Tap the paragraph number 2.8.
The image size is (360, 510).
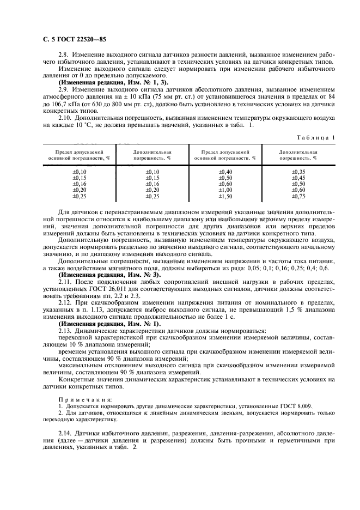(x=64, y=56)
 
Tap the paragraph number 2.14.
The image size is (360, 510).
(x=65, y=433)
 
